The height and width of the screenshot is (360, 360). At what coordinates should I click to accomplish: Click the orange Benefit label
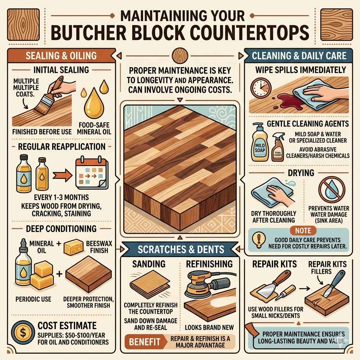143,341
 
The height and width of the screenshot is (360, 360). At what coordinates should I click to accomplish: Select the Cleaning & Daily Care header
298,55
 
